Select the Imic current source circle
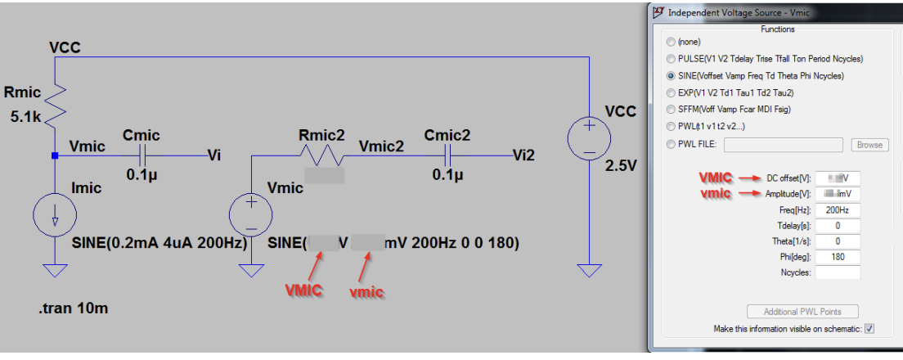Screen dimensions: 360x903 point(55,216)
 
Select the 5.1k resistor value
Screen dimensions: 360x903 point(26,117)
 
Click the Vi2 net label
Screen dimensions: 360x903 point(523,155)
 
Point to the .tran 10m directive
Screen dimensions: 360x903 point(73,308)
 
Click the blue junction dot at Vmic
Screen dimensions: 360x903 point(55,155)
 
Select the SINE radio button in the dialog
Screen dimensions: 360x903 point(672,75)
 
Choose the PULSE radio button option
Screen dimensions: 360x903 point(672,59)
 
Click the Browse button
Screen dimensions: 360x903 point(869,145)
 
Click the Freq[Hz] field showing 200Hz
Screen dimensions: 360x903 point(838,209)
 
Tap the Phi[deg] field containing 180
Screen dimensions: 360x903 point(838,257)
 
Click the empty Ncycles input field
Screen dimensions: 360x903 point(838,272)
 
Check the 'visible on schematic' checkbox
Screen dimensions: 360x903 point(869,329)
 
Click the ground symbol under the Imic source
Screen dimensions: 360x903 point(55,270)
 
